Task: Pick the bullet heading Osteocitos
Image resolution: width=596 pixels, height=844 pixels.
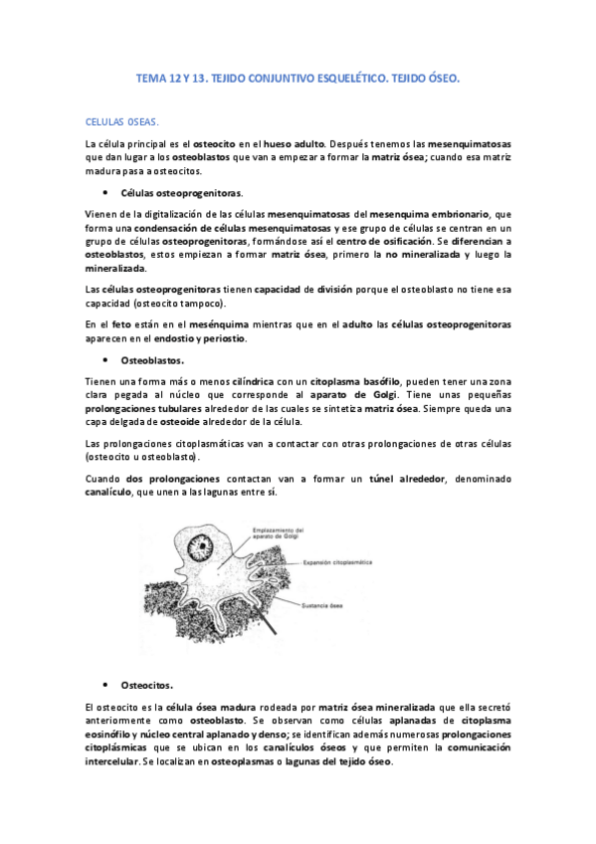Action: click(146, 685)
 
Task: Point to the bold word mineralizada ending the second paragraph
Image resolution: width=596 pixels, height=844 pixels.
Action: click(118, 269)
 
